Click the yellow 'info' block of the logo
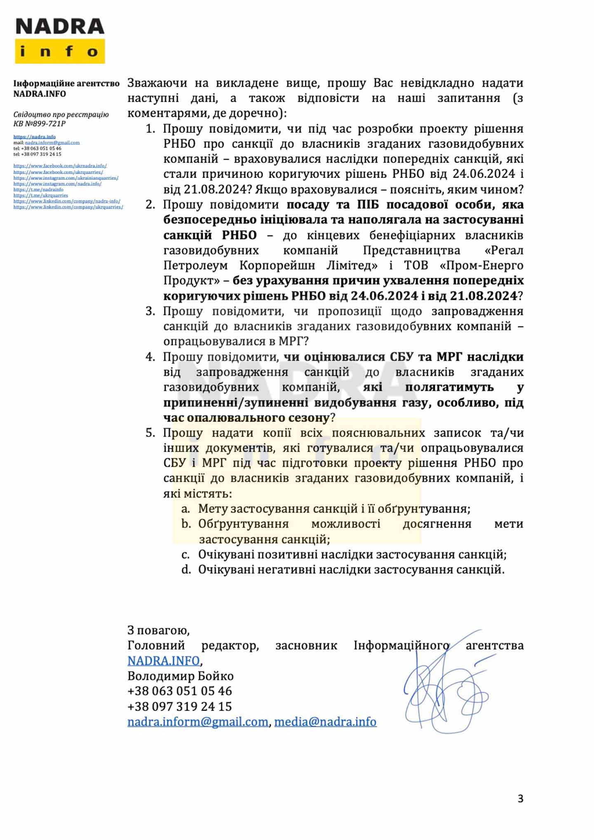pyautogui.click(x=60, y=51)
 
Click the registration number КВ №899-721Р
pyautogui.click(x=40, y=124)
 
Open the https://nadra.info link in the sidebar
pyautogui.click(x=35, y=137)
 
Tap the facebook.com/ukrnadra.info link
pyautogui.click(x=60, y=166)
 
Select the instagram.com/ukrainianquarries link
pyautogui.click(x=66, y=178)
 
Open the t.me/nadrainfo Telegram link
pyautogui.click(x=38, y=189)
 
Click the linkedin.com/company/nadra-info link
pyautogui.click(x=67, y=201)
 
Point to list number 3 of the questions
pyautogui.click(x=150, y=311)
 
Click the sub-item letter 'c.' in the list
pyautogui.click(x=186, y=555)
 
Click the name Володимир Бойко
pyautogui.click(x=181, y=676)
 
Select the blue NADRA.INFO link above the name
pyautogui.click(x=164, y=660)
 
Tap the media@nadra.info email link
pyautogui.click(x=325, y=722)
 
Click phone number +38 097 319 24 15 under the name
pyautogui.click(x=180, y=707)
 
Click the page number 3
pyautogui.click(x=521, y=798)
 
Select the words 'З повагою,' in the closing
pyautogui.click(x=158, y=630)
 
